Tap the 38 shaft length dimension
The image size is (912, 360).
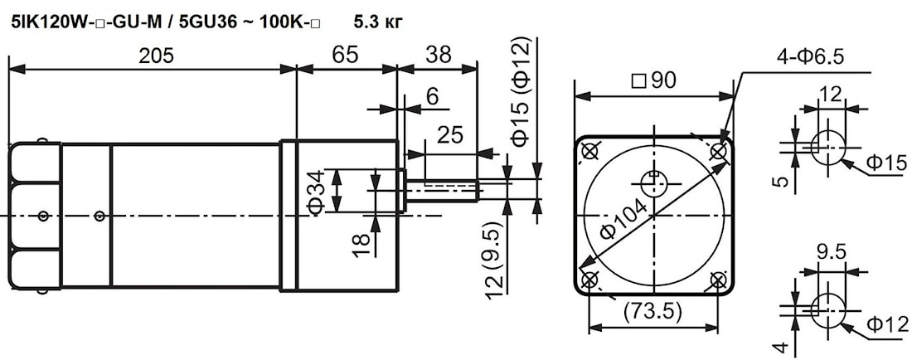click(x=437, y=56)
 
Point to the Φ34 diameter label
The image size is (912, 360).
click(x=315, y=192)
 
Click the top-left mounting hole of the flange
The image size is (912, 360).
click(x=589, y=152)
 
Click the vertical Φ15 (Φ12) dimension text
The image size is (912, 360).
click(x=521, y=91)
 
